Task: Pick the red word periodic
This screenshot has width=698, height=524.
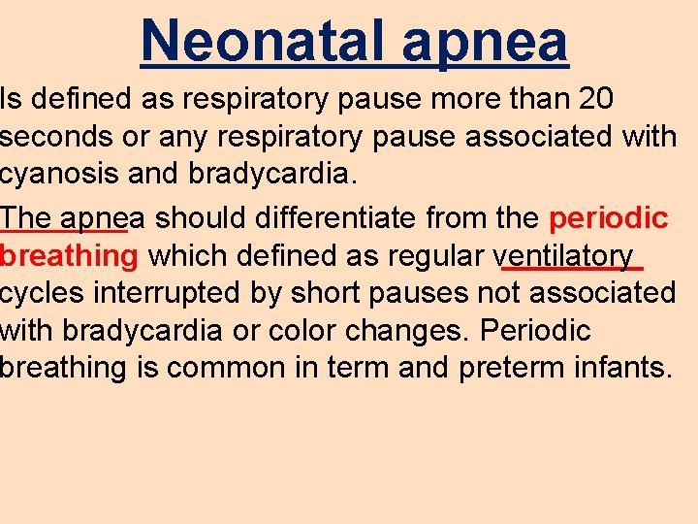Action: [x=609, y=217]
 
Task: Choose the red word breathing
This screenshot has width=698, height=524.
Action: [x=69, y=256]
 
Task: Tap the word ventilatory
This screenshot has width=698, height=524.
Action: [x=564, y=256]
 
